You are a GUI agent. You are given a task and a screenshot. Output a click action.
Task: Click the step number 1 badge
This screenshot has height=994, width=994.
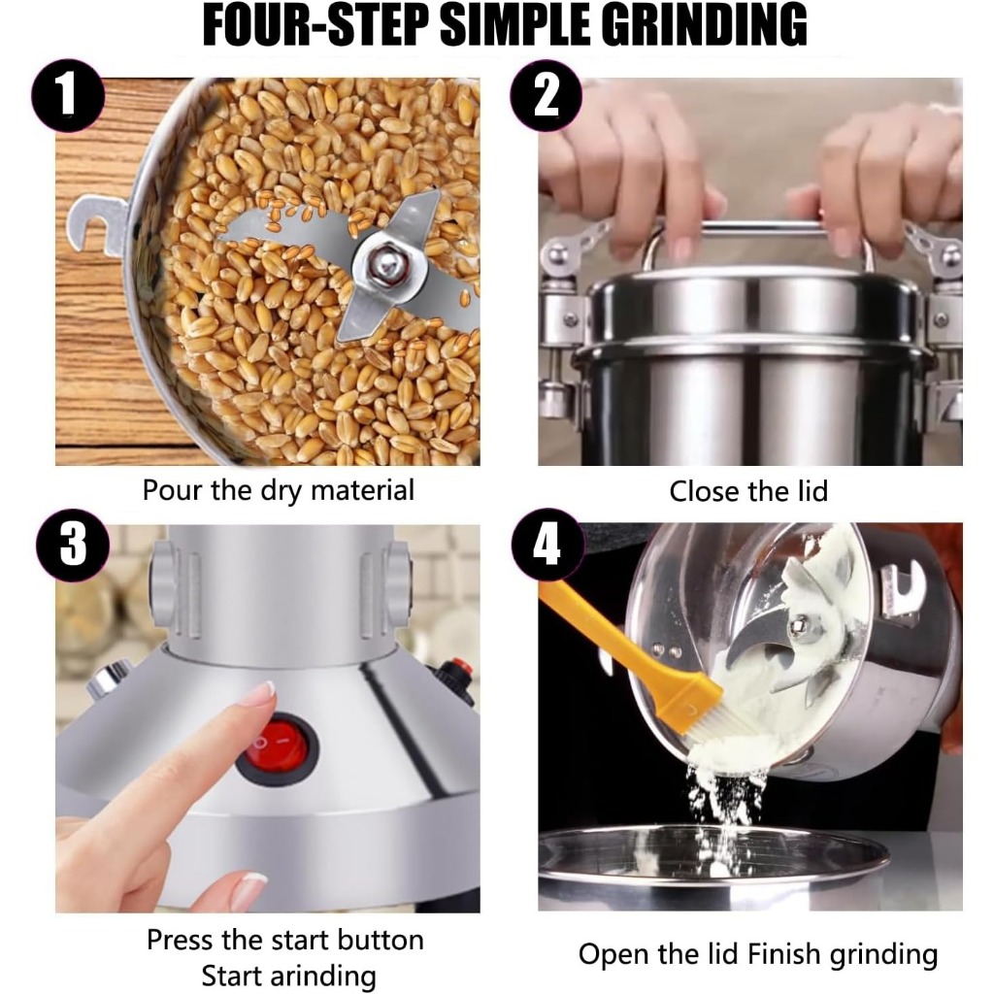point(68,95)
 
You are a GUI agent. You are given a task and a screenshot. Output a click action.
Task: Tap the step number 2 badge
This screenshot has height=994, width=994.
point(547,95)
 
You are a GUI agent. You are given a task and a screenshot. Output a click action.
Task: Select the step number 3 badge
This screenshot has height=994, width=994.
point(73,545)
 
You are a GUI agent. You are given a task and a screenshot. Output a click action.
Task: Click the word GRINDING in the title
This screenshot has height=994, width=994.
point(704,25)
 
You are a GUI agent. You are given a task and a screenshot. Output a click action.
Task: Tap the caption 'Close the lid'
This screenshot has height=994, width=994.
point(748,491)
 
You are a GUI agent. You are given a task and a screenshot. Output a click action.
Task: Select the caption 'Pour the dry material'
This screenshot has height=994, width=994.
point(279,491)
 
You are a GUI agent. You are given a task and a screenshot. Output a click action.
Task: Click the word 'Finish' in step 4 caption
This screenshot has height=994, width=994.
point(785,953)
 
